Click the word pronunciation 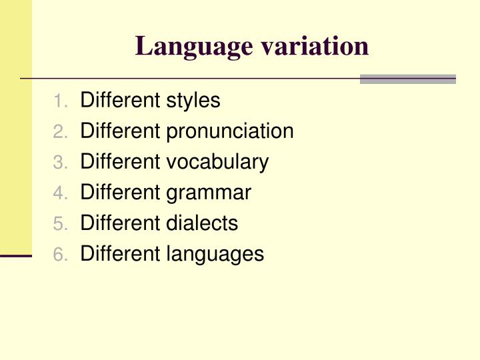click(230, 131)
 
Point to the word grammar click(209, 193)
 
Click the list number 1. click(60, 101)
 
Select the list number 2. click(60, 132)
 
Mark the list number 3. click(60, 163)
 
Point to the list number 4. click(60, 193)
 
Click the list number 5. click(60, 224)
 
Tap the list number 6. click(60, 255)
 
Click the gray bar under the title click(407, 79)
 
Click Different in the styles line click(121, 101)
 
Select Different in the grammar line click(121, 193)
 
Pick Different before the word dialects click(121, 223)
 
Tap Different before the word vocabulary click(121, 162)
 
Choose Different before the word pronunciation click(121, 131)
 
